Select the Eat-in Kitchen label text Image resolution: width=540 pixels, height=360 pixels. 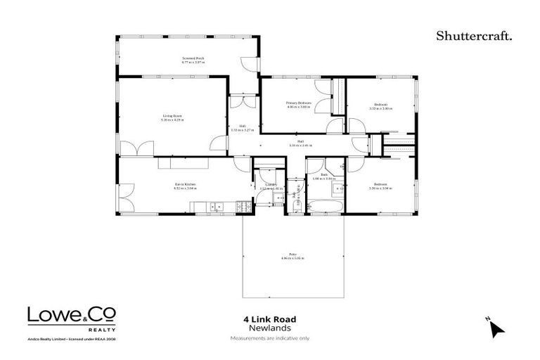pos(186,186)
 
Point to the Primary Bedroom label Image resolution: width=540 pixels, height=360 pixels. pos(298,105)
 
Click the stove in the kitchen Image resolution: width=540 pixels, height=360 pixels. pos(243,206)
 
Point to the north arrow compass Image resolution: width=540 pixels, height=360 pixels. pos(496,328)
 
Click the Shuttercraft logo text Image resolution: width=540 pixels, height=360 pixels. pos(474,35)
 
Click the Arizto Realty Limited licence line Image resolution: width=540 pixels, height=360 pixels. pos(72,338)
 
